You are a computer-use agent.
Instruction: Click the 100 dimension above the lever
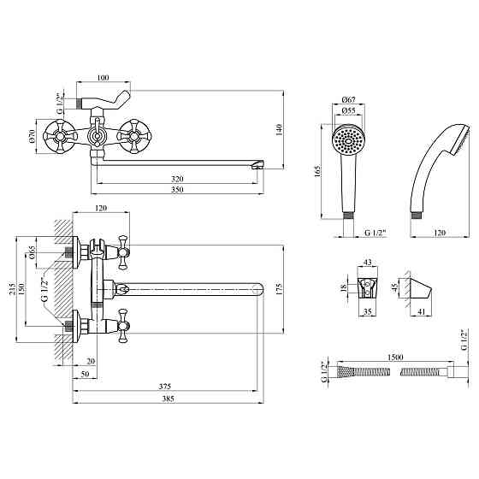coord(103,78)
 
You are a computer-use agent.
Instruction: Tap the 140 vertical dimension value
coord(279,130)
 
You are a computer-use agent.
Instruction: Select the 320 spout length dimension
coord(177,179)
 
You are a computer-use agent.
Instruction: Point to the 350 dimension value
coord(177,189)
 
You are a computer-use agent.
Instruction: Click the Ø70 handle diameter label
coord(32,136)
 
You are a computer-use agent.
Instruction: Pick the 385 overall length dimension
coord(168,399)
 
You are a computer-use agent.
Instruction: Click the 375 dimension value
coord(164,387)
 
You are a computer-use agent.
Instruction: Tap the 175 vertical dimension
coord(279,289)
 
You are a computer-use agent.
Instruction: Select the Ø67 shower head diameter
coord(349,99)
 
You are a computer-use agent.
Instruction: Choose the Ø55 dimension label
coord(349,110)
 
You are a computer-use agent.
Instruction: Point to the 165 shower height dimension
coord(317,171)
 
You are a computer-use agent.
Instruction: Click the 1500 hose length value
coord(395,358)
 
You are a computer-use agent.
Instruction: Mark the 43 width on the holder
coord(368,262)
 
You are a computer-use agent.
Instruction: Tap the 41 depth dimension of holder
coord(421,311)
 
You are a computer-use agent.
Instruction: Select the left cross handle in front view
coord(59,136)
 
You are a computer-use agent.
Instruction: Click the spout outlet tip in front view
coord(257,165)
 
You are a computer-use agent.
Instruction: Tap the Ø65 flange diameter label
coord(32,252)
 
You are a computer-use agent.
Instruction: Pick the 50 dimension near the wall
coord(86,374)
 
